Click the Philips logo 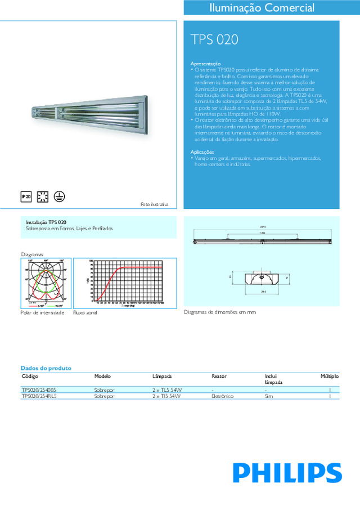point(288,472)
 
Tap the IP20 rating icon point(26,196)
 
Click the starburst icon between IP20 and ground point(42,196)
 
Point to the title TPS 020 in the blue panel point(214,40)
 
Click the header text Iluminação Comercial point(262,8)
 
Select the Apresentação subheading point(206,64)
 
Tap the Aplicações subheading point(202,152)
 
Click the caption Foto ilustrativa point(155,204)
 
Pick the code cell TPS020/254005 point(39,390)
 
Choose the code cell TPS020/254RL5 point(39,396)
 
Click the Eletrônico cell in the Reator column point(222,396)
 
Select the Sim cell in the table point(269,396)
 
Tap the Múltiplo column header point(330,375)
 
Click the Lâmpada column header point(161,375)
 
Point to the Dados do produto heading point(46,368)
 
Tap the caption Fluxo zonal point(85,312)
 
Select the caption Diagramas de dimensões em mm point(216,311)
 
